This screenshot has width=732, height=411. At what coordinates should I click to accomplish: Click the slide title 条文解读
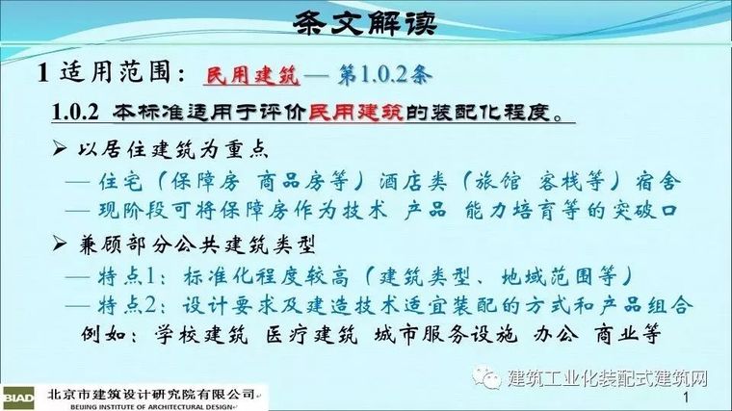point(365,21)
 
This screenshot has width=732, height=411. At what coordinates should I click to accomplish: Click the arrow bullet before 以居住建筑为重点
point(59,151)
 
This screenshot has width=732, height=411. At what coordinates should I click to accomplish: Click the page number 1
point(686,398)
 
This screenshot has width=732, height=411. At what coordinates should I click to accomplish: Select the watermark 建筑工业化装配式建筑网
point(607,377)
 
